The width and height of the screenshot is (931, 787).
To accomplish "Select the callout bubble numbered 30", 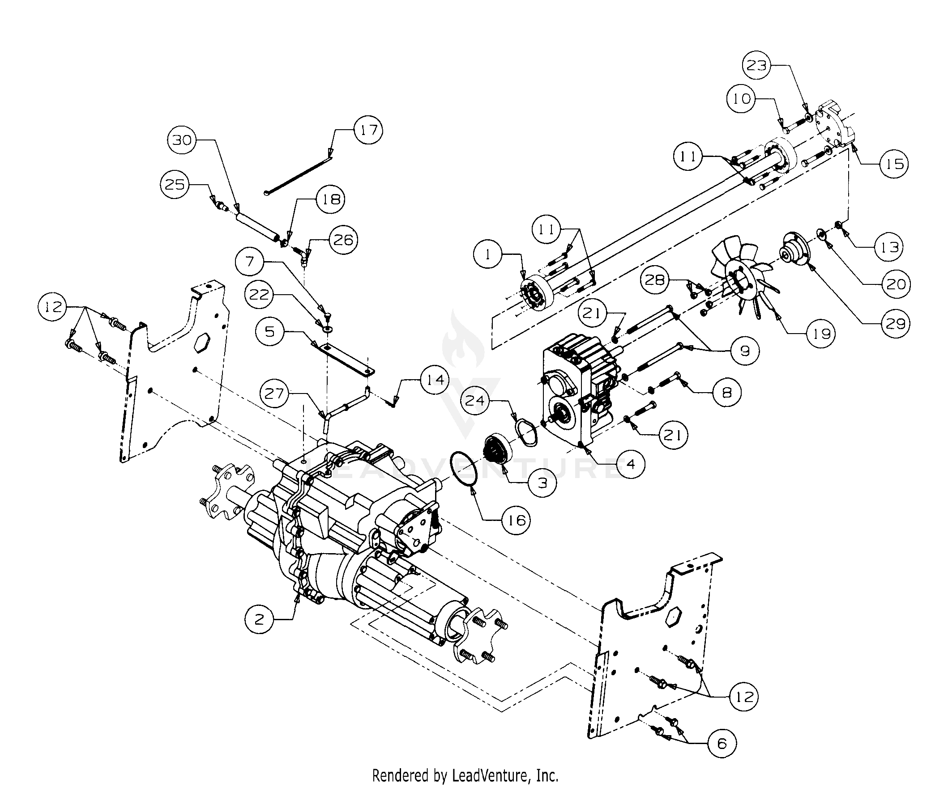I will (182, 140).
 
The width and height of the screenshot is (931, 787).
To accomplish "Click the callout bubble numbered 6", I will (722, 743).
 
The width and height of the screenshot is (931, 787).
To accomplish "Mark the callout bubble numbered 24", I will (475, 401).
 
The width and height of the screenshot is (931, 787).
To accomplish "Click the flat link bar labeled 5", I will (343, 358).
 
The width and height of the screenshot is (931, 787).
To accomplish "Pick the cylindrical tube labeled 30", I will (257, 228).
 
